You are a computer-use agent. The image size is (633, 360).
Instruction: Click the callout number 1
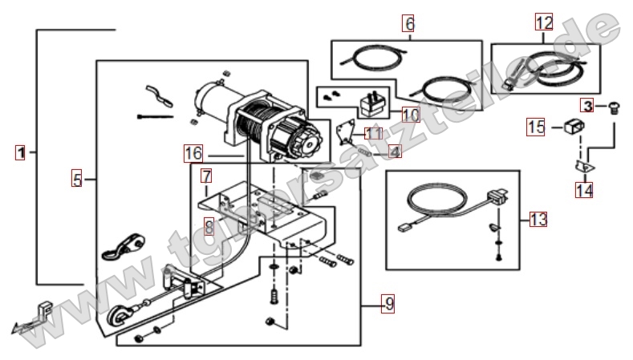[22, 152]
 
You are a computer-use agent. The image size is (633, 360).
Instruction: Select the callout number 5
[76, 180]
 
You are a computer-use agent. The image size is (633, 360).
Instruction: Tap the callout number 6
[409, 24]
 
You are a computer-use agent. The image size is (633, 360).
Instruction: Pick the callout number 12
[545, 23]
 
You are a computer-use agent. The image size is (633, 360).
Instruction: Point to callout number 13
[537, 219]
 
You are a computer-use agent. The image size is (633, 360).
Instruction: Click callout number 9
[388, 304]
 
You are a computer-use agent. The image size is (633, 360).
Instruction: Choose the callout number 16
[193, 152]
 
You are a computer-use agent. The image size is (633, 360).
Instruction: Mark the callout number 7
[206, 176]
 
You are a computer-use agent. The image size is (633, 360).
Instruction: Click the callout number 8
[208, 226]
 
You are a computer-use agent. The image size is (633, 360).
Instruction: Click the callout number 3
[588, 105]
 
